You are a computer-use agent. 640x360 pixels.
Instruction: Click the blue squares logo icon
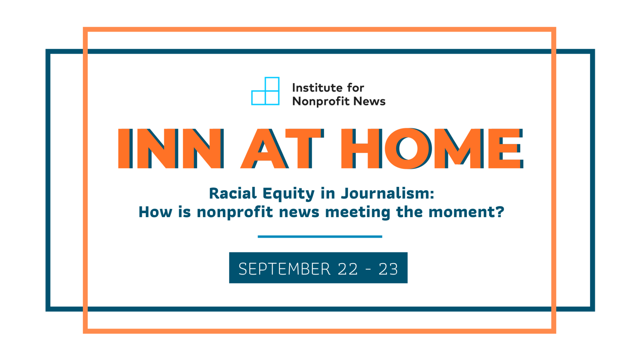pos(265,91)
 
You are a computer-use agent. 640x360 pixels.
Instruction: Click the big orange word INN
pos(171,148)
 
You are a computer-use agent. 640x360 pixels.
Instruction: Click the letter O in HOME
pos(407,148)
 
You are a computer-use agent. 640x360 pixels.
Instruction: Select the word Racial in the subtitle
pos(233,193)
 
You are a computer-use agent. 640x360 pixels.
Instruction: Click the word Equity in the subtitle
pos(288,194)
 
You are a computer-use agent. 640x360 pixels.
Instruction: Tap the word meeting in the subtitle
pos(358,212)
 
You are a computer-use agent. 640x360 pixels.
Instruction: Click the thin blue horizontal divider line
pos(320,237)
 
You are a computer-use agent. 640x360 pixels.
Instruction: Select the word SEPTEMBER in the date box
pos(284,269)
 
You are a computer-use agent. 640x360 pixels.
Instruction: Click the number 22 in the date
pos(347,269)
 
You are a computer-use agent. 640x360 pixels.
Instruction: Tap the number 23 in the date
pos(388,269)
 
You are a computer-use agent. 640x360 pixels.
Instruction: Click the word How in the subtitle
pos(155,212)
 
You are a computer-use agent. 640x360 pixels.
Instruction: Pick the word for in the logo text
pos(356,88)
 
